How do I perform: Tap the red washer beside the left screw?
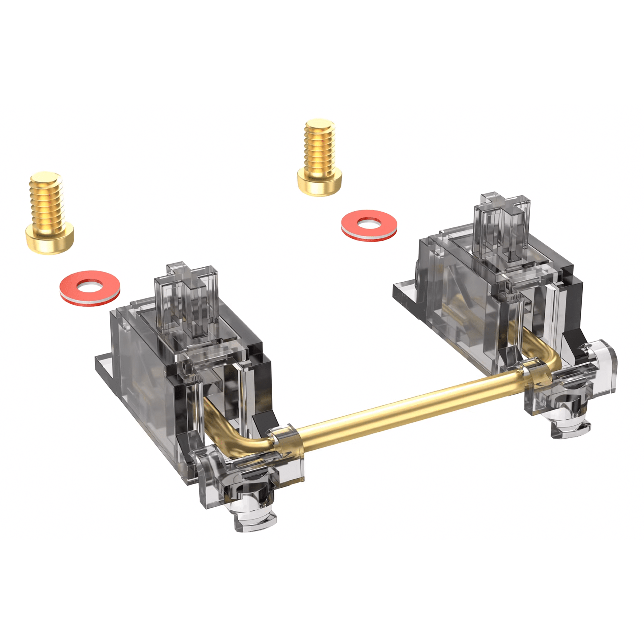click(x=90, y=288)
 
